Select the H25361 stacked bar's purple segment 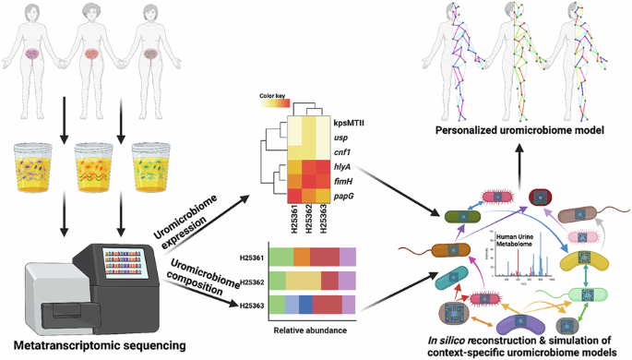tap(347, 256)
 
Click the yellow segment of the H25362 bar tap(302, 281)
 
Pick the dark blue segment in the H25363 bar tap(305, 306)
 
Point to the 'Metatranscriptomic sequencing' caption tap(93, 345)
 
